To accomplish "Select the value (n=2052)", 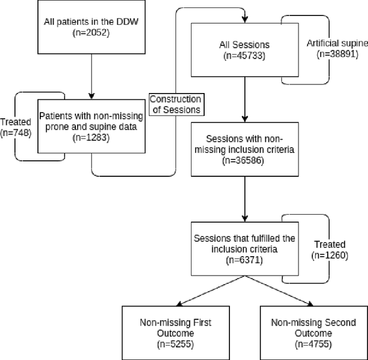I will click(x=91, y=33).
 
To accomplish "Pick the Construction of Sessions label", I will click(x=175, y=104).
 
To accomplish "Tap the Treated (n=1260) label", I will click(x=330, y=250).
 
